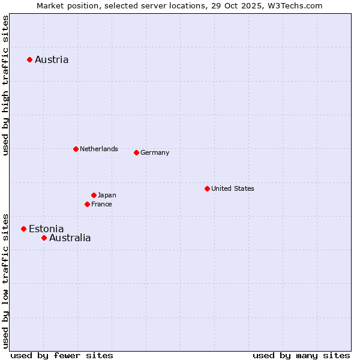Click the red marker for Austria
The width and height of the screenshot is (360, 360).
[x=29, y=59]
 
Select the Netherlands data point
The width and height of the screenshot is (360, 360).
[x=76, y=149]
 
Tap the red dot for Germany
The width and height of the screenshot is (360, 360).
[x=136, y=152]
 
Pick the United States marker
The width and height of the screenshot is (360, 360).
[x=207, y=188]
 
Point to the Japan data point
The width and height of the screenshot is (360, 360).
[x=94, y=195]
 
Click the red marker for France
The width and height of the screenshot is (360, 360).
[x=87, y=204]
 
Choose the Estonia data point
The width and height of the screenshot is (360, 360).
[x=23, y=229]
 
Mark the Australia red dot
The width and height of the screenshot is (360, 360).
[x=44, y=238]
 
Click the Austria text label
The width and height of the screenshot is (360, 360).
[x=52, y=59]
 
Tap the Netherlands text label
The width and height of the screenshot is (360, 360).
[x=99, y=149]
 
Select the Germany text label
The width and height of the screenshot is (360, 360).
[x=155, y=152]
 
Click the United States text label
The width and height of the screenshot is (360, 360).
[x=233, y=188]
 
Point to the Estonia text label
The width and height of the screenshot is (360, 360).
[x=46, y=229]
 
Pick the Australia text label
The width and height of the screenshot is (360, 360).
[x=70, y=238]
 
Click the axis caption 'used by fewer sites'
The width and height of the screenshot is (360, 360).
[x=62, y=355]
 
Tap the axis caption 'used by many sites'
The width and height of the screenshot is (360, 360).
[x=301, y=355]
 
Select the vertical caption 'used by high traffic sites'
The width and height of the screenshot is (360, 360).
[x=6, y=85]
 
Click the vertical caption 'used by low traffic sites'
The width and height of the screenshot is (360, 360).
[x=6, y=280]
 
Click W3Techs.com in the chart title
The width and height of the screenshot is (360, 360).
[x=296, y=5]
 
